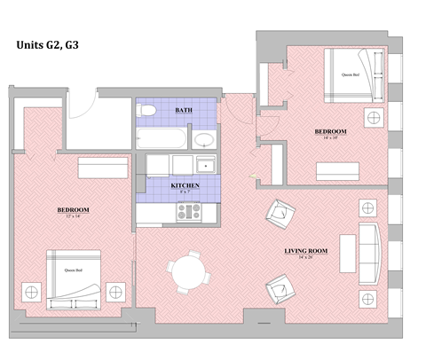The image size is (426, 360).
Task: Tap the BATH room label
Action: click(184, 111)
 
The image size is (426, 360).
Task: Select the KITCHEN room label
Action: click(184, 184)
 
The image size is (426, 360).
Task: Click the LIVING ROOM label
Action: click(306, 252)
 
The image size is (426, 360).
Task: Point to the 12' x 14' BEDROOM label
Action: click(74, 211)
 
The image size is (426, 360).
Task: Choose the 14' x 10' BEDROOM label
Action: click(330, 133)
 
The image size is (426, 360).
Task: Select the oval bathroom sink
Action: click(204, 140)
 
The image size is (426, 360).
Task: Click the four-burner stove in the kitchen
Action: click(187, 211)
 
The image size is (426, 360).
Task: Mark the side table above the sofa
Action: click(367, 208)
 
